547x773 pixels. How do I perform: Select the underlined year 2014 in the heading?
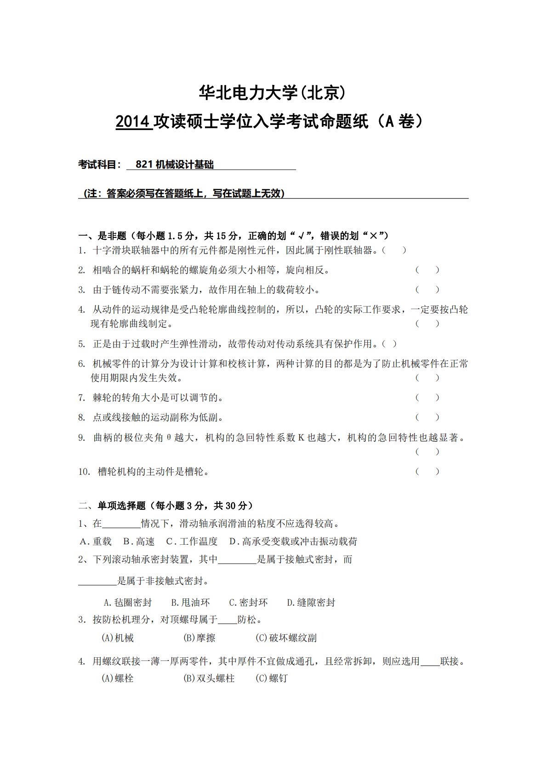[x=133, y=122]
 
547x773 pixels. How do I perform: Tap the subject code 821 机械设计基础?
[x=175, y=164]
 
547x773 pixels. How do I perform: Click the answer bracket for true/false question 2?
[x=427, y=270]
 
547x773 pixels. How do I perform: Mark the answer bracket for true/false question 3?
[x=427, y=290]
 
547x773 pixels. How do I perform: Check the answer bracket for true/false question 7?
[x=427, y=398]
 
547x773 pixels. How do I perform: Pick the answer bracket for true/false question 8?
[x=427, y=418]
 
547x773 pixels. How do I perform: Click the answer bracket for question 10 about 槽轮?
[x=427, y=472]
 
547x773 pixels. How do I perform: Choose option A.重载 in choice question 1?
[x=96, y=542]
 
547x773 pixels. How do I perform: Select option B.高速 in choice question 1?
[x=139, y=542]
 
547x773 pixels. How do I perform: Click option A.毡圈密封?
[x=128, y=603]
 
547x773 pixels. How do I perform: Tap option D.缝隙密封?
[x=311, y=603]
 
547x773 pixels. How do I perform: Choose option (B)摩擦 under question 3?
[x=199, y=638]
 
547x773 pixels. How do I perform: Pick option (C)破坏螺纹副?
[x=286, y=638]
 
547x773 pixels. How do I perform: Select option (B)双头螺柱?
[x=209, y=678]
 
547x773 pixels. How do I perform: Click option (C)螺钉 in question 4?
[x=272, y=678]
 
